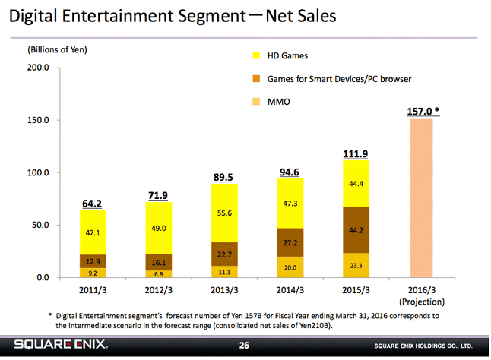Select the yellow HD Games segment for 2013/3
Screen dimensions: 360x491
pyautogui.click(x=226, y=213)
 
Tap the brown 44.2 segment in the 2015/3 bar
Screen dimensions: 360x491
pyautogui.click(x=356, y=229)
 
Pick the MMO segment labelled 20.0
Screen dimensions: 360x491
pyautogui.click(x=290, y=267)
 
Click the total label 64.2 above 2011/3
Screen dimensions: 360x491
pyautogui.click(x=93, y=204)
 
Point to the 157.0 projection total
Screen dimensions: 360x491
pyautogui.click(x=423, y=111)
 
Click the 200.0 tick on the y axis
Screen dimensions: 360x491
pyautogui.click(x=38, y=68)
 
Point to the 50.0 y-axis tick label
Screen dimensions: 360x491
pyautogui.click(x=39, y=225)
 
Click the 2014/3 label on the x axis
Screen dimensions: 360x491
pyautogui.click(x=290, y=289)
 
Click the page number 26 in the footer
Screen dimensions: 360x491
pyautogui.click(x=245, y=346)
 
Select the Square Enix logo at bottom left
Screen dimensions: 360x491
pyautogui.click(x=61, y=346)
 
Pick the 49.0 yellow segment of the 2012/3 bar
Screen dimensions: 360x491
pyautogui.click(x=159, y=227)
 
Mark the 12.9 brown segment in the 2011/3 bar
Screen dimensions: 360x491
pyautogui.click(x=93, y=261)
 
